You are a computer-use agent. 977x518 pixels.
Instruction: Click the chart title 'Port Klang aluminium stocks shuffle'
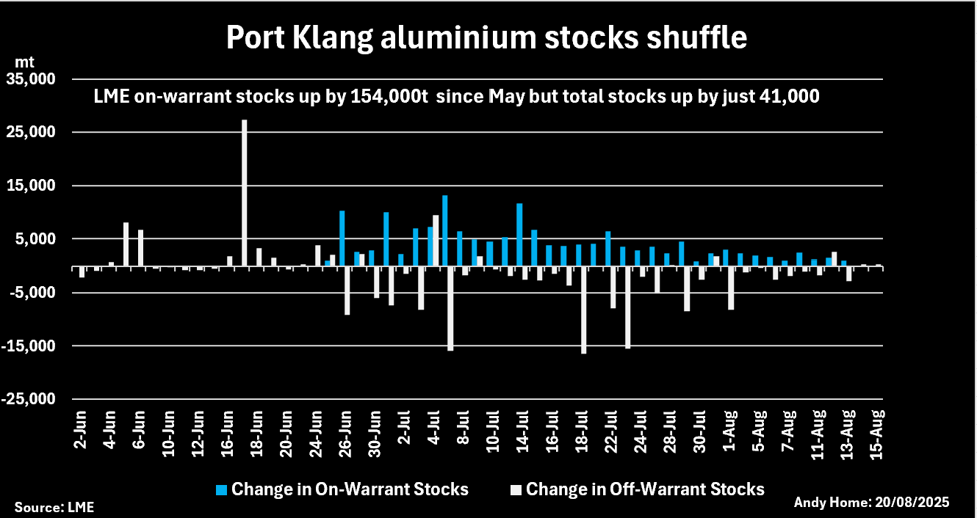click(x=486, y=38)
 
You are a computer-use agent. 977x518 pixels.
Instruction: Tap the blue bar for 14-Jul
click(x=519, y=234)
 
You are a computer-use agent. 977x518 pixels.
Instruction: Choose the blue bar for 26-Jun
click(x=342, y=238)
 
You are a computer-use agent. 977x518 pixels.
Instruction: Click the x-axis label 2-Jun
click(x=82, y=431)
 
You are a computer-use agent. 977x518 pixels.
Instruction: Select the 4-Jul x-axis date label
click(x=435, y=431)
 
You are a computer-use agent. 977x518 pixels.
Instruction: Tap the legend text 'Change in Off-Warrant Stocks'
click(x=645, y=489)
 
